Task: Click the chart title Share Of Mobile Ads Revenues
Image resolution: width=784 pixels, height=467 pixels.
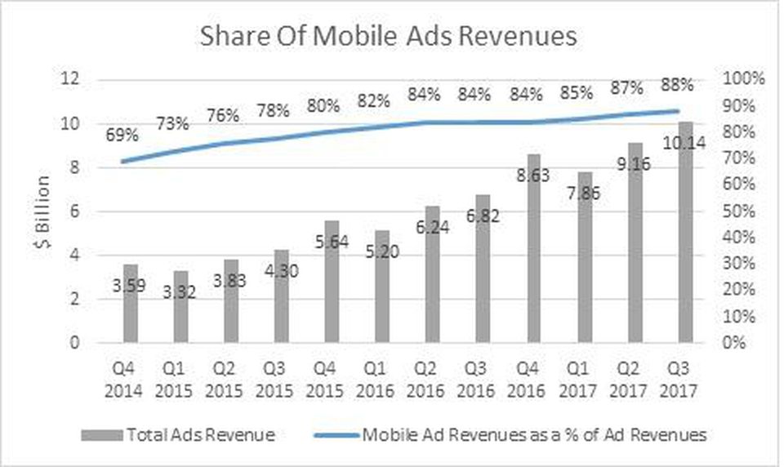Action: coord(389,37)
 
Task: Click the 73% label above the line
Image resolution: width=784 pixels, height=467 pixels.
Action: coord(171,124)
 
